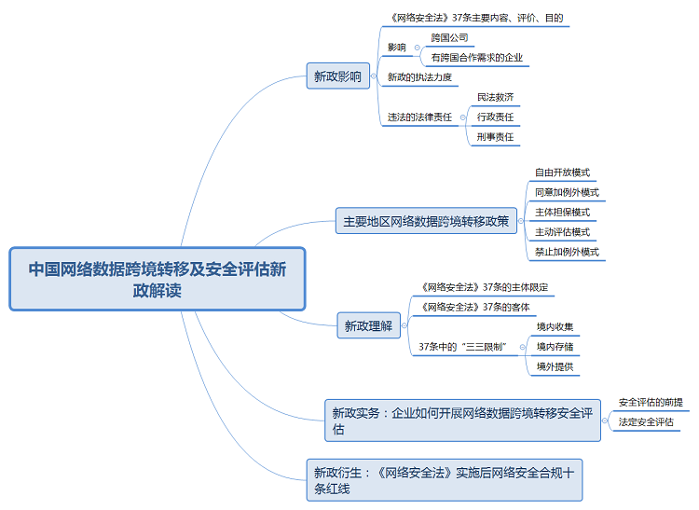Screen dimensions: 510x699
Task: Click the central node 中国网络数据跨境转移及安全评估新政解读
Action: click(x=157, y=279)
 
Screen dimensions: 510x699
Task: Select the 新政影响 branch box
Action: click(x=336, y=76)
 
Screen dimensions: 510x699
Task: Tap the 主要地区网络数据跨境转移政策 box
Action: click(x=426, y=222)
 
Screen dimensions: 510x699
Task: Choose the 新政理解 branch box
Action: click(x=368, y=325)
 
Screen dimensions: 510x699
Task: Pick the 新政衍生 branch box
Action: click(x=444, y=479)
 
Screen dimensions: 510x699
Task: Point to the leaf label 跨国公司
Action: click(x=449, y=38)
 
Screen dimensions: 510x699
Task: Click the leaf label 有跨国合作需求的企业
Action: click(x=476, y=58)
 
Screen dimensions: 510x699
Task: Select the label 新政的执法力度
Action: click(x=419, y=76)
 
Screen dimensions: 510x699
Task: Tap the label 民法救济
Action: click(x=495, y=97)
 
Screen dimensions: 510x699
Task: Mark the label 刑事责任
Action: click(x=495, y=136)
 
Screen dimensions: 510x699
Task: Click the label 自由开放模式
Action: click(x=562, y=172)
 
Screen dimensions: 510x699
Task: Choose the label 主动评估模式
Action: click(x=562, y=232)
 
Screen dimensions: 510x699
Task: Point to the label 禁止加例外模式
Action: click(x=567, y=252)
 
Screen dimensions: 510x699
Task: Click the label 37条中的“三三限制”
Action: click(x=462, y=346)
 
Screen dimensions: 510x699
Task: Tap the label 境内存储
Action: click(x=555, y=346)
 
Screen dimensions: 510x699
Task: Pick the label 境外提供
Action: click(x=555, y=366)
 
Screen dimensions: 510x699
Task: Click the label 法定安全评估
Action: click(x=645, y=421)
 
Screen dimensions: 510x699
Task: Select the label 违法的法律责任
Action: click(x=419, y=117)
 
